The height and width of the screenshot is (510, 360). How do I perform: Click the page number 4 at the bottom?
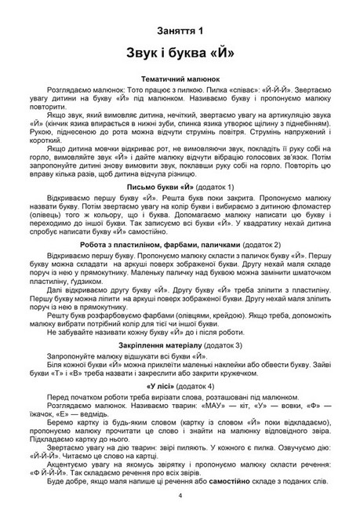180,496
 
